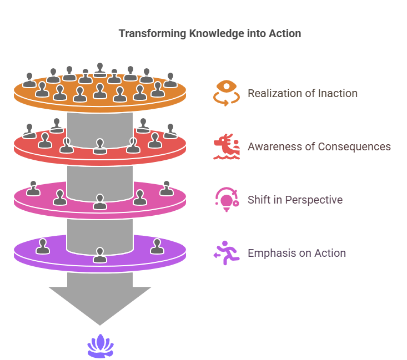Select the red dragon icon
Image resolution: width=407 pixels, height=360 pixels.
pyautogui.click(x=226, y=146)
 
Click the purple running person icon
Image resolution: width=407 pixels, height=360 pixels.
pyautogui.click(x=226, y=252)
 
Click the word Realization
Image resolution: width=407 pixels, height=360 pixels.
pyautogui.click(x=275, y=93)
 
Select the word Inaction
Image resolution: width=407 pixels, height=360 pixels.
pyautogui.click(x=337, y=93)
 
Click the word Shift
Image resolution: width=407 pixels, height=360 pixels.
pyautogui.click(x=259, y=200)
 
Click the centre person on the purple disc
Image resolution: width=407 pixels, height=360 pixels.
pyautogui.click(x=100, y=255)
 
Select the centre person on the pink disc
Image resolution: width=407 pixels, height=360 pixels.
pyautogui.click(x=100, y=202)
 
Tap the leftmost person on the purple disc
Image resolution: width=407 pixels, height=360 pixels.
pyautogui.click(x=43, y=246)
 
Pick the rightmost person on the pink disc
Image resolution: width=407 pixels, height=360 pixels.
pyautogui.click(x=167, y=189)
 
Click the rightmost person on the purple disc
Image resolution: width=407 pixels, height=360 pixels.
pyautogui.click(x=157, y=246)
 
